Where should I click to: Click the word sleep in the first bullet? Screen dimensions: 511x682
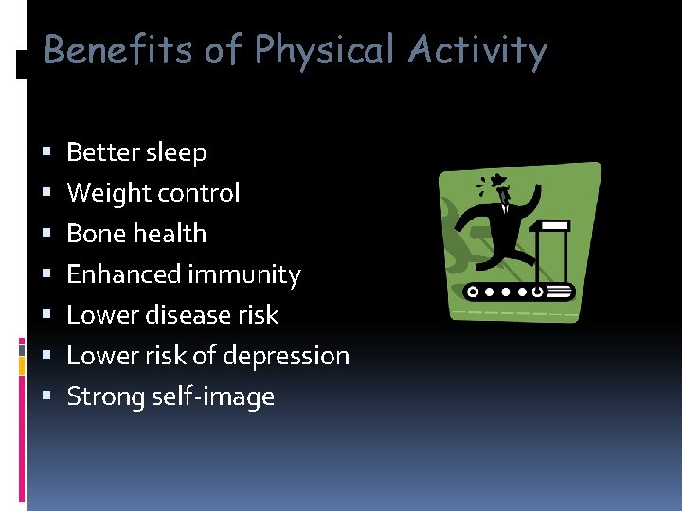(x=175, y=153)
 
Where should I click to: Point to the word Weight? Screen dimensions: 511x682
(x=102, y=193)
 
